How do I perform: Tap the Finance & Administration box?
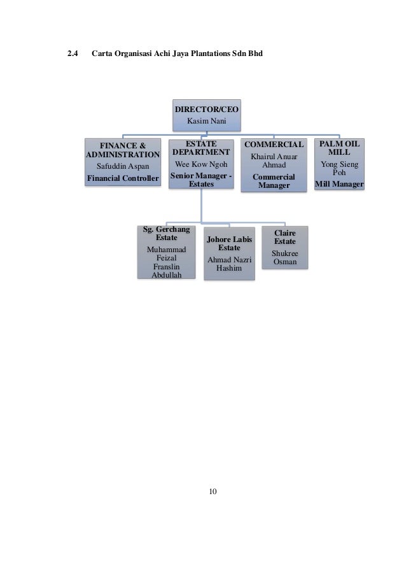pyautogui.click(x=123, y=162)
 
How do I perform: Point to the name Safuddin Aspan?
pyautogui.click(x=123, y=166)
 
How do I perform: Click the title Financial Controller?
pyautogui.click(x=123, y=178)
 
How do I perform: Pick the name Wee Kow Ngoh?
pyautogui.click(x=201, y=164)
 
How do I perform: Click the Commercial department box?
pyautogui.click(x=274, y=164)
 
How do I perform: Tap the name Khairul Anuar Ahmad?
pyautogui.click(x=274, y=160)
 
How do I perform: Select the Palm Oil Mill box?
pyautogui.click(x=339, y=164)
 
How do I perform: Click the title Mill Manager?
pyautogui.click(x=339, y=185)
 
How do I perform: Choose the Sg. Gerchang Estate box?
pyautogui.click(x=167, y=252)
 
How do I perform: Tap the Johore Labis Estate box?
pyautogui.click(x=229, y=253)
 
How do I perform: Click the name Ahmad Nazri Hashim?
pyautogui.click(x=229, y=264)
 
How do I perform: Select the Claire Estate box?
pyautogui.click(x=284, y=247)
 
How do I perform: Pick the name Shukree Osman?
pyautogui.click(x=284, y=257)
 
